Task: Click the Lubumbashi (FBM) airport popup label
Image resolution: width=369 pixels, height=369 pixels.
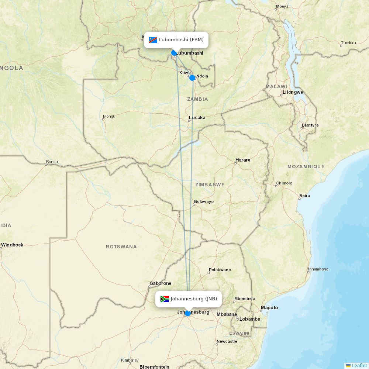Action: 181,40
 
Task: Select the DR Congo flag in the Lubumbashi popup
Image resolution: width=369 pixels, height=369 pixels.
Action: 153,40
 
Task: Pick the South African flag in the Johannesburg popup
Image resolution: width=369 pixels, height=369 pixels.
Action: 165,299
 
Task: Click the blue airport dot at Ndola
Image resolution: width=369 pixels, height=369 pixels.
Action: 192,78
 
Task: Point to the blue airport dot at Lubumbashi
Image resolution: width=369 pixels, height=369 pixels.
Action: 174,53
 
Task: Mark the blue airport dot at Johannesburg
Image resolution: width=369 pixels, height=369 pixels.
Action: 188,313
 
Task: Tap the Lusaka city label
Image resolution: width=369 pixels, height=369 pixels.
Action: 197,118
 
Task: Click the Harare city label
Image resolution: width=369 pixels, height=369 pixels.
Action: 243,160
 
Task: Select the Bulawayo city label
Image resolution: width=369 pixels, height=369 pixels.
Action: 204,201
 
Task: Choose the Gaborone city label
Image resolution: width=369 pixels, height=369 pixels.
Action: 160,283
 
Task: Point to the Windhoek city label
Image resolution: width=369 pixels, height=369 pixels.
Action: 12,245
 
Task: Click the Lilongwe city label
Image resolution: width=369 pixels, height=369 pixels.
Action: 293,92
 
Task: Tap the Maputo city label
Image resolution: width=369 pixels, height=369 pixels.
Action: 269,308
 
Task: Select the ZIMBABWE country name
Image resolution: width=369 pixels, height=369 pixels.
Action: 210,184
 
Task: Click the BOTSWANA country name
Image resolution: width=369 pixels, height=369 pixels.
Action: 121,246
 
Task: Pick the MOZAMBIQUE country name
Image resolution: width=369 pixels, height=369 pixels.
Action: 306,166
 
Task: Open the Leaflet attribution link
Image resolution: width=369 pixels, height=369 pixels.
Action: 359,365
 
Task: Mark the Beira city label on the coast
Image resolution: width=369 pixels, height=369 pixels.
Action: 304,196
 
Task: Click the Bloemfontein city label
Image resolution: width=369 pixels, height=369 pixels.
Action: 154,367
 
